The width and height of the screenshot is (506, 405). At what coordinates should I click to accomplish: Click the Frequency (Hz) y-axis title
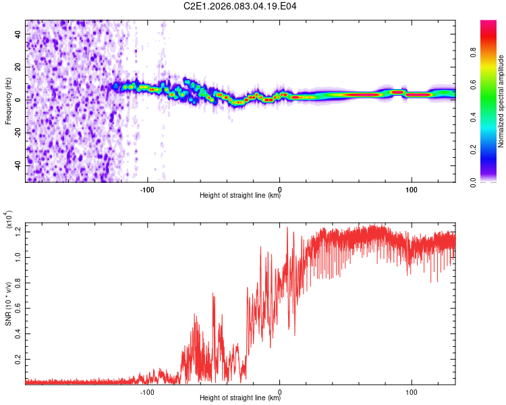click(x=8, y=101)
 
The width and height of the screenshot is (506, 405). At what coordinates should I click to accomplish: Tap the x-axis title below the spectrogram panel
click(x=240, y=196)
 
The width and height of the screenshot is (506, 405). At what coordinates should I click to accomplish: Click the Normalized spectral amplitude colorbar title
click(x=501, y=101)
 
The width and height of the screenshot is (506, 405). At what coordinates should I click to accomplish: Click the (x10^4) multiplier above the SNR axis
click(x=9, y=220)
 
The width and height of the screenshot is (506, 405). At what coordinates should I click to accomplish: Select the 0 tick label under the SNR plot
click(x=280, y=391)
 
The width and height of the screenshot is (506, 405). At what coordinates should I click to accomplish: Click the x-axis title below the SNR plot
click(x=240, y=398)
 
